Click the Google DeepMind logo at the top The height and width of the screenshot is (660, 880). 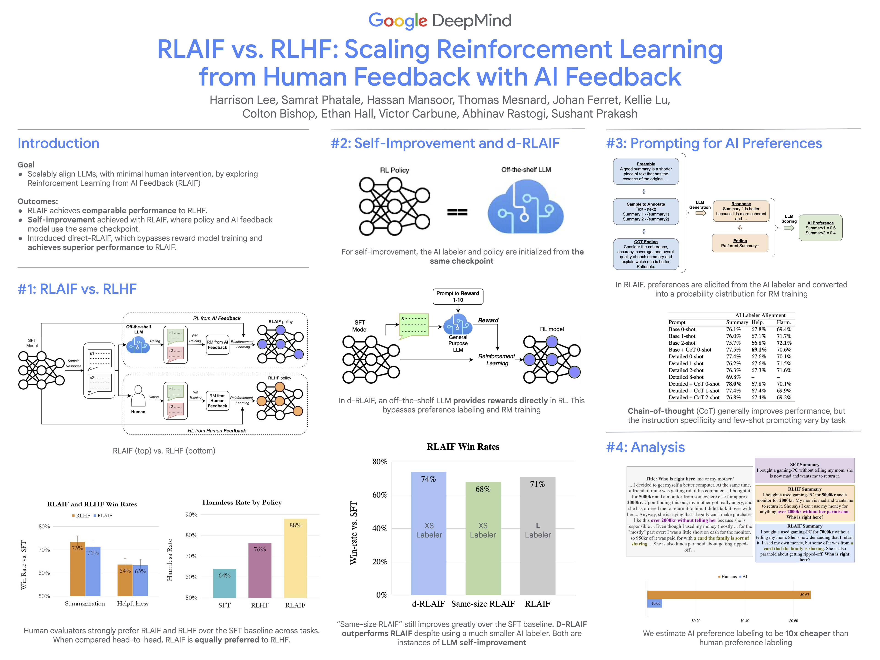(x=440, y=21)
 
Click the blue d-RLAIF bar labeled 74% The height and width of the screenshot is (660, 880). (x=429, y=533)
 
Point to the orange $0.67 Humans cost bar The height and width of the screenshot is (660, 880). (x=728, y=595)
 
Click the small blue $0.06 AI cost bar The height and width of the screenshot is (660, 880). (x=654, y=603)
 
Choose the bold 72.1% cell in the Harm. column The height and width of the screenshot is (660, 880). (x=784, y=343)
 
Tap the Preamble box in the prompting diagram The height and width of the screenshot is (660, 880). (x=646, y=171)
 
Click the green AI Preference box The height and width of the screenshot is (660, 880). (x=820, y=228)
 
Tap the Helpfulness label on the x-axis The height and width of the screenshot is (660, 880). (x=132, y=603)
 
